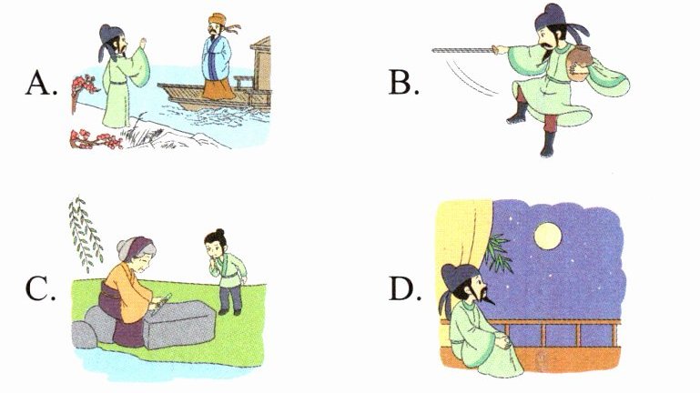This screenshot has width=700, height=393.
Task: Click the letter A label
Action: pyautogui.click(x=42, y=84)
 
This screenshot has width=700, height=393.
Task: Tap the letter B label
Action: pyautogui.click(x=403, y=83)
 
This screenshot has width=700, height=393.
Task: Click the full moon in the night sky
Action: pyautogui.click(x=547, y=236)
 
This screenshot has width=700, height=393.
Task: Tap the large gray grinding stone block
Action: pyautogui.click(x=178, y=324)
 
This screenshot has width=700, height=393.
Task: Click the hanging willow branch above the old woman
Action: pyautogui.click(x=86, y=233)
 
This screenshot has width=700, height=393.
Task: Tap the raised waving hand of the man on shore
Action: pyautogui.click(x=143, y=45)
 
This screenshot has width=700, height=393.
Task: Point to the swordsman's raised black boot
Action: pyautogui.click(x=518, y=114)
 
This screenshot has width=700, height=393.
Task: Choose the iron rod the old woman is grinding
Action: pyautogui.click(x=159, y=303)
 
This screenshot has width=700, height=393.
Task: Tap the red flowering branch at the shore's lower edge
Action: pyautogui.click(x=96, y=138)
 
